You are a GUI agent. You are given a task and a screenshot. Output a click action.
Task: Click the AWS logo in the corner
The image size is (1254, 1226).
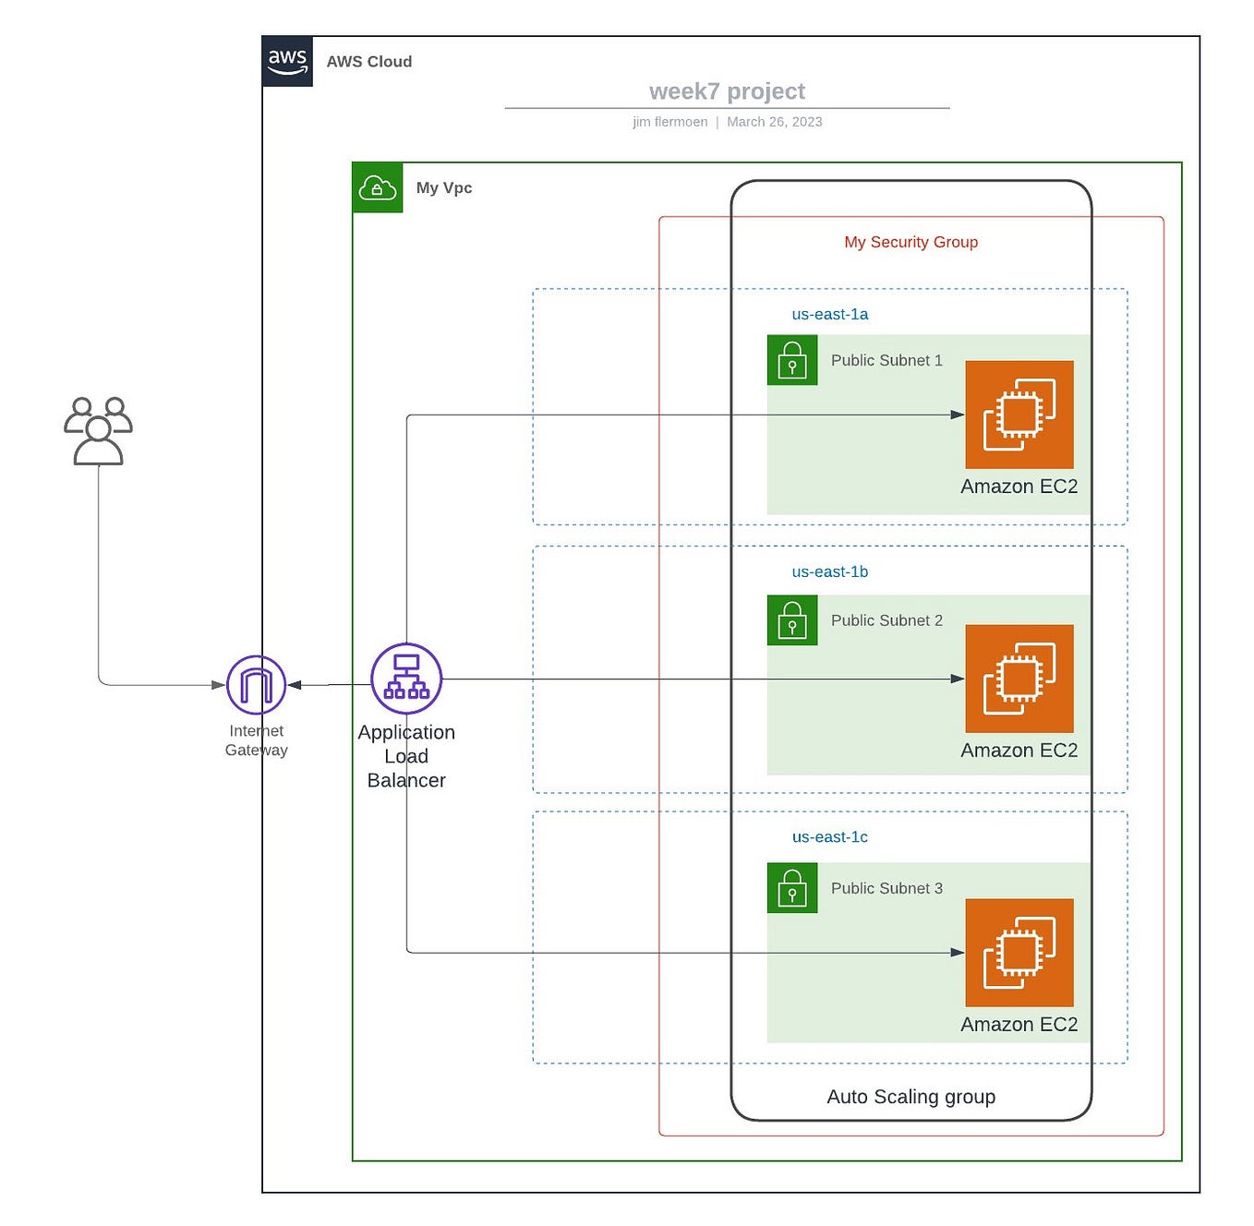[x=287, y=61]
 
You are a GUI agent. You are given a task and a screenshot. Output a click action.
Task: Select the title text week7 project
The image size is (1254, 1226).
[x=727, y=91]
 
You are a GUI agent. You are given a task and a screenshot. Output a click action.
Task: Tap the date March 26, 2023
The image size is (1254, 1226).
[x=774, y=122]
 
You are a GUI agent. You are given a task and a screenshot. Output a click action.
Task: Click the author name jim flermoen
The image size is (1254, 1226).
[x=669, y=122]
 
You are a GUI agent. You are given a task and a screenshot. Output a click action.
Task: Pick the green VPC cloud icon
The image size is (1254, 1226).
[x=378, y=187]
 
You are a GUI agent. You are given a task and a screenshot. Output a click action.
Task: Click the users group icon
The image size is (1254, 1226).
[x=98, y=430]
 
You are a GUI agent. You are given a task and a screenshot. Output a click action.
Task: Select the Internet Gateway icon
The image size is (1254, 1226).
[x=256, y=685]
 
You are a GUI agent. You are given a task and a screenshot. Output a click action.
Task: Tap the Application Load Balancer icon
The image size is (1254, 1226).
[x=406, y=679]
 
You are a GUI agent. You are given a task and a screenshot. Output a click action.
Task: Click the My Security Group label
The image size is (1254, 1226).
[x=910, y=242]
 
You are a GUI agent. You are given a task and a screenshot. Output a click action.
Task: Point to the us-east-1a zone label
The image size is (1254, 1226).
[x=829, y=314]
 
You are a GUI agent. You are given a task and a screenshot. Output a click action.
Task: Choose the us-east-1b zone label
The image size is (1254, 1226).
[x=829, y=571]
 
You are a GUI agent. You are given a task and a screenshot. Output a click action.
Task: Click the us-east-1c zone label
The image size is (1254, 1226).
[x=829, y=836]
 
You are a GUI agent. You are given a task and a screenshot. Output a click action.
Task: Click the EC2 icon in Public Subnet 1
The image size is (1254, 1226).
[x=1019, y=415]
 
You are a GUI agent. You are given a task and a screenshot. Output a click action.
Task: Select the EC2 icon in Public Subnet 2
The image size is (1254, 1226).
[x=1019, y=679]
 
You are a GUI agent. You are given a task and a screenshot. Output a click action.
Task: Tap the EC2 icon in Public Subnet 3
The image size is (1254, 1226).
[x=1019, y=952]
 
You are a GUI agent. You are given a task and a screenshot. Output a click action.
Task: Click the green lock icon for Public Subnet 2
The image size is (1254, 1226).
[x=792, y=619]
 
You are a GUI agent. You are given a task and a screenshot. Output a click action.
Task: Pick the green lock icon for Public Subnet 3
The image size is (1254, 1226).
[x=792, y=887]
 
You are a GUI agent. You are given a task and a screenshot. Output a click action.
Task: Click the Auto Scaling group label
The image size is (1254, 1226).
[x=910, y=1097]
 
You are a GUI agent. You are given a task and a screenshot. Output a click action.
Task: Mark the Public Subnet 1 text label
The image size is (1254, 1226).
[x=886, y=360]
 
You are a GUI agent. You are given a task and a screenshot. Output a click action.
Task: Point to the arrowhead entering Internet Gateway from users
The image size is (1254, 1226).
[x=219, y=685]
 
